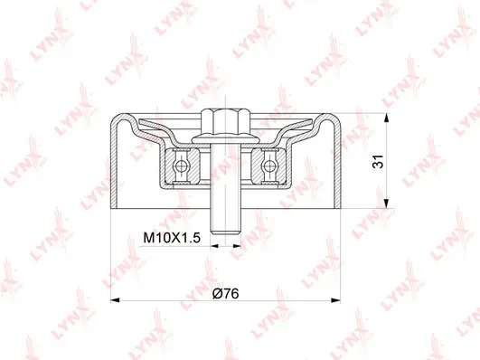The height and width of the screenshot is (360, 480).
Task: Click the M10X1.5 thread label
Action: [174, 238]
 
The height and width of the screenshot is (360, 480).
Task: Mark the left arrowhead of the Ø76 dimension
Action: [113, 300]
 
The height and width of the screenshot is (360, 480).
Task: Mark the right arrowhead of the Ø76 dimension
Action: [339, 300]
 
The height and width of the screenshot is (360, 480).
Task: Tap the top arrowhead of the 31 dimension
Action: [387, 118]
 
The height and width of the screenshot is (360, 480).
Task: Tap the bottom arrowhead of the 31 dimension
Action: [387, 206]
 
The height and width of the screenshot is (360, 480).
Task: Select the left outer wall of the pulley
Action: [111, 163]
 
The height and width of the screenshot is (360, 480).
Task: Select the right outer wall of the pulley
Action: [341, 163]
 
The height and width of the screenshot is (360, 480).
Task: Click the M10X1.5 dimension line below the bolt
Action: [226, 243]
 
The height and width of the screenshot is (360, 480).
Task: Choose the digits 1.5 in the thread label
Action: [191, 238]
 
